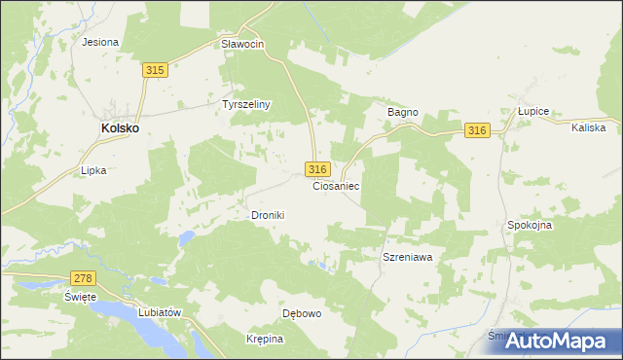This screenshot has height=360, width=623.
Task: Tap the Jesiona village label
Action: (x=100, y=42)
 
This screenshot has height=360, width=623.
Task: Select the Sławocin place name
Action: (x=242, y=45)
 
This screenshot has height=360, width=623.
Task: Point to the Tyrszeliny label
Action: (x=245, y=104)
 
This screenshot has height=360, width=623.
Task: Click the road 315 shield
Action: (x=155, y=70)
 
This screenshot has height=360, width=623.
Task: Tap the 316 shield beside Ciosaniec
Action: (x=317, y=168)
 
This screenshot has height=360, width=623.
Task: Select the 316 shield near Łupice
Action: (x=476, y=131)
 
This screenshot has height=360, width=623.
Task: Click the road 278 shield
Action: (x=84, y=278)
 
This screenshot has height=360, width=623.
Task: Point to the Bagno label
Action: (x=403, y=112)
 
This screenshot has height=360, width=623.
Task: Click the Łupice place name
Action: (x=533, y=112)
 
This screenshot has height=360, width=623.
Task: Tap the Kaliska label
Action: (x=589, y=127)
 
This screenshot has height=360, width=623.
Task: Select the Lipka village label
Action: (x=93, y=169)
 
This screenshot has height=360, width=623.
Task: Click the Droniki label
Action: (x=268, y=215)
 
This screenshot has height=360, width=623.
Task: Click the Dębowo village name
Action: (x=302, y=314)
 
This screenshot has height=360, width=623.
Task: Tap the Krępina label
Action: (x=264, y=339)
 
